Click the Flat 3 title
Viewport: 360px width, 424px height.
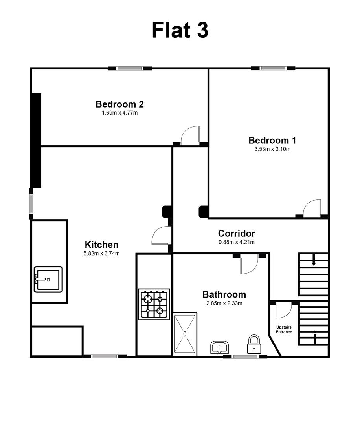click(180, 30)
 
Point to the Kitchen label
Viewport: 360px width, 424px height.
click(101, 245)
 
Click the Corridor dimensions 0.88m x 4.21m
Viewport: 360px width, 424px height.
click(237, 242)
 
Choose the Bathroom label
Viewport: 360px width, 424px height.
click(224, 294)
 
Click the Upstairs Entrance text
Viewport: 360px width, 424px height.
click(284, 329)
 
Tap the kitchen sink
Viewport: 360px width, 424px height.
click(48, 279)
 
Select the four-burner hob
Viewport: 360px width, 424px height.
click(154, 304)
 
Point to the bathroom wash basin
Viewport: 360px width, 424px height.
click(220, 347)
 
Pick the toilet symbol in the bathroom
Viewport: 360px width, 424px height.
click(254, 344)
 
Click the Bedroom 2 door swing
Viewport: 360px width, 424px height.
click(191, 136)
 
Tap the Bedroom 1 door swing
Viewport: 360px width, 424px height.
click(312, 208)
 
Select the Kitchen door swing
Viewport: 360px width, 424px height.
click(161, 236)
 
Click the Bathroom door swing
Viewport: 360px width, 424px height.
click(249, 263)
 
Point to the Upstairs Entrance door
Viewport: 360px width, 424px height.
click(283, 310)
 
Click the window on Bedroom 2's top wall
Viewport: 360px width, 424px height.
click(130, 68)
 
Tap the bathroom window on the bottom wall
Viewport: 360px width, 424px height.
click(245, 356)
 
